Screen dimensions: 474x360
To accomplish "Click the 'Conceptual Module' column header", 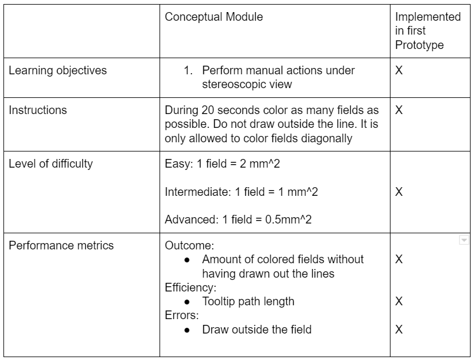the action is coord(214,17).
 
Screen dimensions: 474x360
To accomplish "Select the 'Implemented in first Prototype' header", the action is coord(428,31).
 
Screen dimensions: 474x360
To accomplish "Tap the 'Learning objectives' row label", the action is coord(58,70).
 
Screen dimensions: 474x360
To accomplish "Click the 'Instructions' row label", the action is coord(38,110).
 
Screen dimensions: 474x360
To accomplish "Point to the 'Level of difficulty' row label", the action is coord(51,164).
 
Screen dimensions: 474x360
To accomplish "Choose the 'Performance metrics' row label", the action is coord(61,245).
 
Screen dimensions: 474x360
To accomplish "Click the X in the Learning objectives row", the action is coord(399,70).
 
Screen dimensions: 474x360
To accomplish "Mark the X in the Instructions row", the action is coord(399,110).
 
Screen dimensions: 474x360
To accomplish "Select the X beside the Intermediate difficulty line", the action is coord(399,192).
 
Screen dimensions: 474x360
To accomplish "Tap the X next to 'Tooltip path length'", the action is coord(399,301).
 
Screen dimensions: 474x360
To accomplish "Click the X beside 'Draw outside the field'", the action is coord(399,329).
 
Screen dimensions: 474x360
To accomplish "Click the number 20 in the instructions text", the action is coord(208,110).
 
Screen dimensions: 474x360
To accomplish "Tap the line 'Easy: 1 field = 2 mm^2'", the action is coord(222,164).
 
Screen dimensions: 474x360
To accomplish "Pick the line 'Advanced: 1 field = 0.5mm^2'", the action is coord(238,219).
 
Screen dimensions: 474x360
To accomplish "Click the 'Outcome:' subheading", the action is coord(189,245).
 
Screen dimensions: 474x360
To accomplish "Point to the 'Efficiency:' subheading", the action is coord(191,287).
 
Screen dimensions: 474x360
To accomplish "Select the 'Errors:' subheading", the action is coord(181,315).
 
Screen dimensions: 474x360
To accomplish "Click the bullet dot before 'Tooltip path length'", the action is coord(187,302).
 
